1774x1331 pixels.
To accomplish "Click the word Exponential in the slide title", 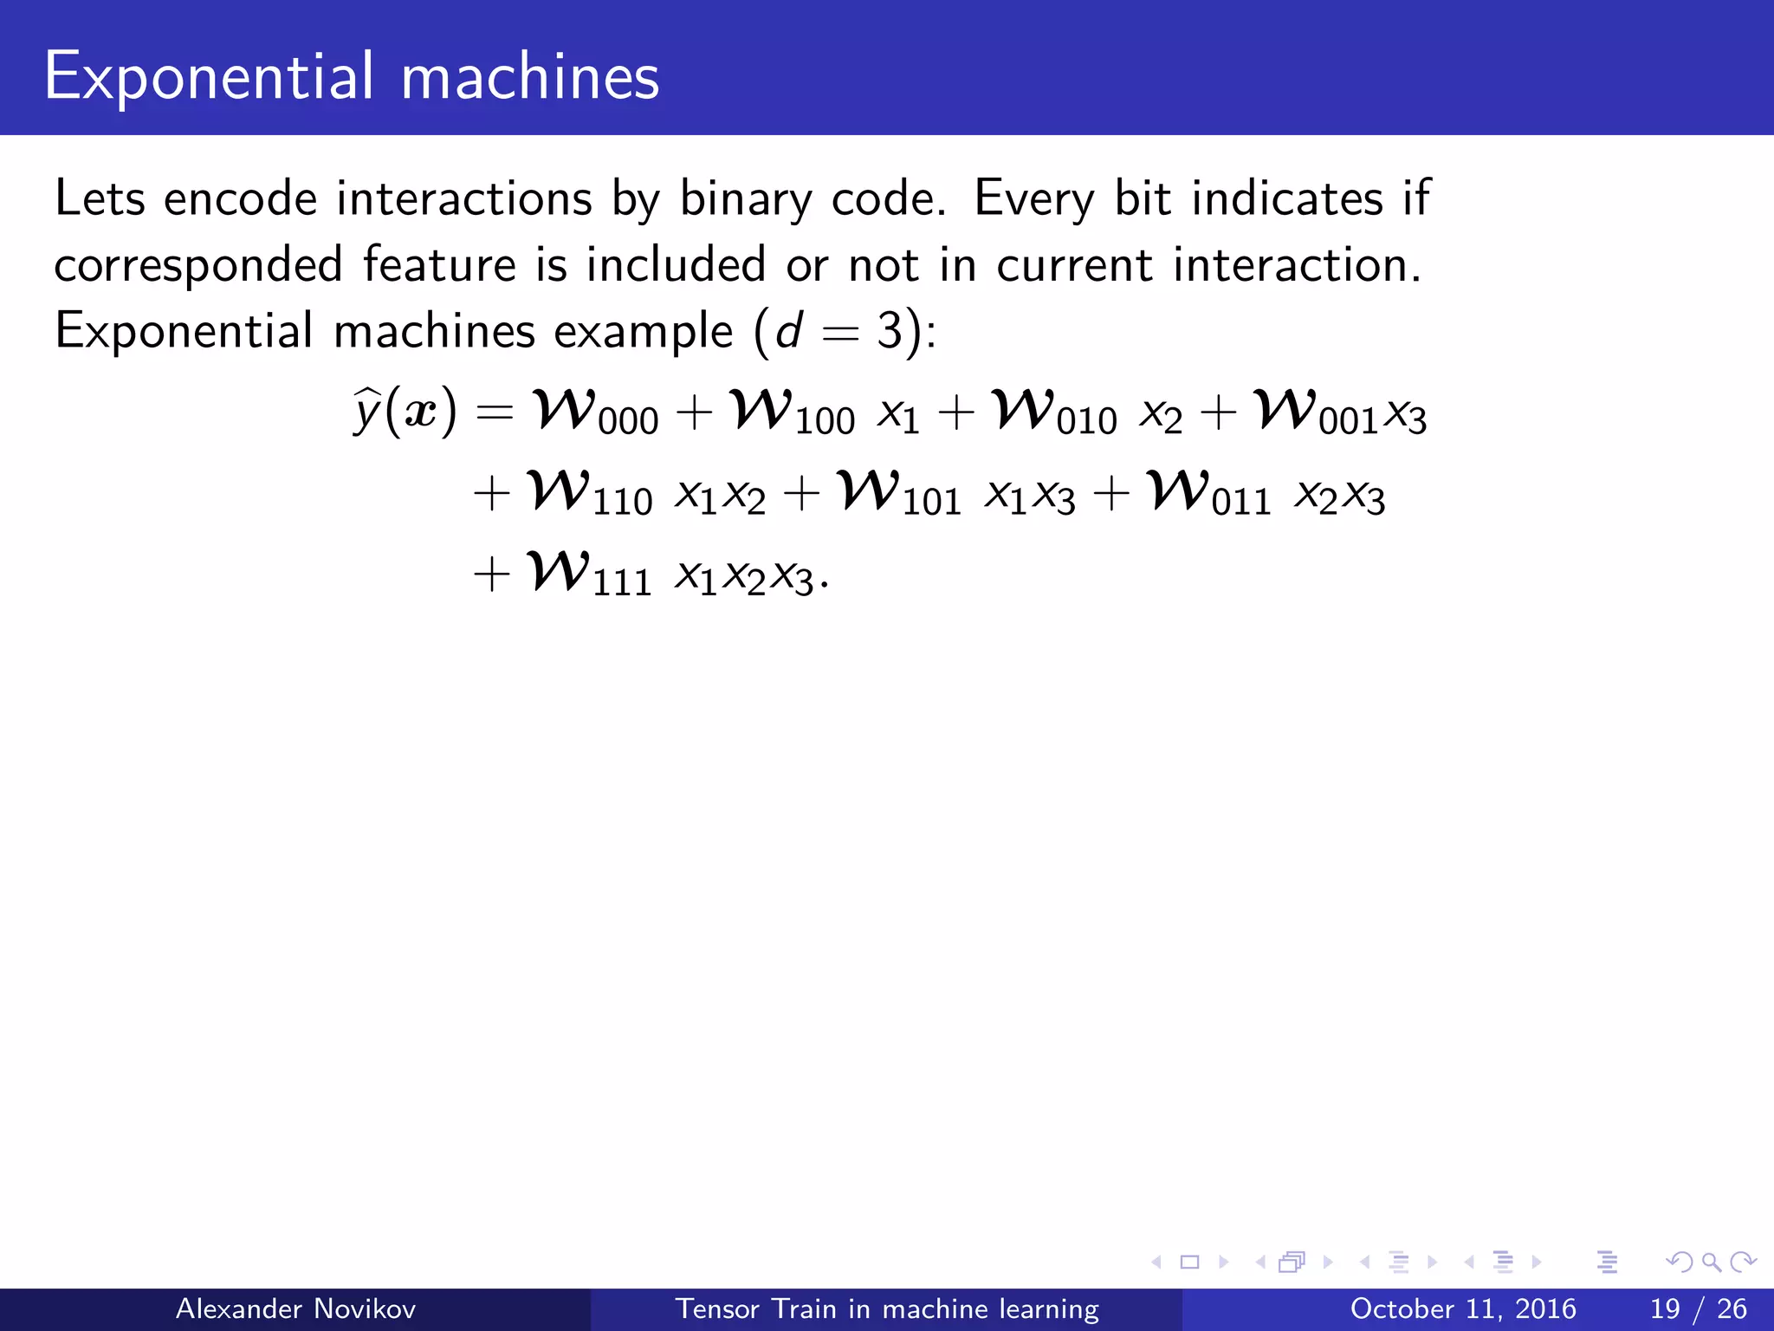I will click(x=209, y=77).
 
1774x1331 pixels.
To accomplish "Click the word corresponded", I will click(x=197, y=265).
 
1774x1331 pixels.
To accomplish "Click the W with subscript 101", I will click(x=869, y=490).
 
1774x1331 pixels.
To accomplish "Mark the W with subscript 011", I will click(x=1178, y=490).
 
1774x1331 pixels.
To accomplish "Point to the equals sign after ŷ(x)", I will click(x=495, y=412).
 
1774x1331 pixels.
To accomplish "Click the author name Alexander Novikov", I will click(x=295, y=1308).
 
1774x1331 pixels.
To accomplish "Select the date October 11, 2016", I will click(x=1462, y=1308).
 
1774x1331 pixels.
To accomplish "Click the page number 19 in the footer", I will click(x=1665, y=1308).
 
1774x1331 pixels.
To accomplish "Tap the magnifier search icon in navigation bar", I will click(x=1711, y=1262).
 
